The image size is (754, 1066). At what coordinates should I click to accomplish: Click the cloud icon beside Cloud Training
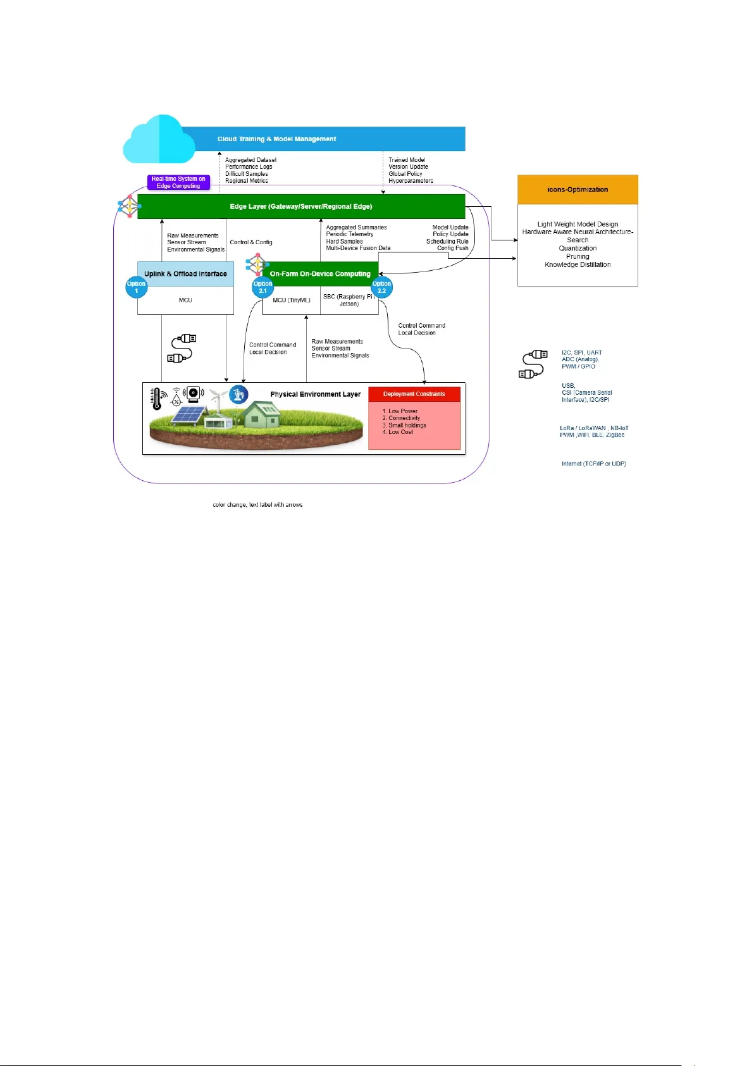pyautogui.click(x=159, y=140)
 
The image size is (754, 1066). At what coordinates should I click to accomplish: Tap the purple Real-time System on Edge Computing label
pyautogui.click(x=178, y=182)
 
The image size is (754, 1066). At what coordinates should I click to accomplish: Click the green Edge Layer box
pyautogui.click(x=301, y=207)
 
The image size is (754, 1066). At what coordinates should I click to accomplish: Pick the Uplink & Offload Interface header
pyautogui.click(x=185, y=274)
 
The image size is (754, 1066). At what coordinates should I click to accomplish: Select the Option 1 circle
pyautogui.click(x=136, y=287)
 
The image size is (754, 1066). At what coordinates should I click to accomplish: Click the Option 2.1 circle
pyautogui.click(x=263, y=287)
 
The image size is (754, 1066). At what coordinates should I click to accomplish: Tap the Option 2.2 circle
pyautogui.click(x=381, y=287)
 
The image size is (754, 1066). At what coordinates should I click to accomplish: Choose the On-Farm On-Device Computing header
pyautogui.click(x=320, y=274)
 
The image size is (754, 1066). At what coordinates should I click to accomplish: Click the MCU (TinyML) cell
pyautogui.click(x=292, y=301)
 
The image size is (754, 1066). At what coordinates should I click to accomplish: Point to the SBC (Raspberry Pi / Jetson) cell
pyautogui.click(x=349, y=301)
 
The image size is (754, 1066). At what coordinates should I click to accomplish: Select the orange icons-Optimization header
pyautogui.click(x=578, y=189)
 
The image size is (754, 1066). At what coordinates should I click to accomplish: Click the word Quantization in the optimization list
pyautogui.click(x=578, y=249)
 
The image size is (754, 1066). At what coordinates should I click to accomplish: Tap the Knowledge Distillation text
pyautogui.click(x=578, y=265)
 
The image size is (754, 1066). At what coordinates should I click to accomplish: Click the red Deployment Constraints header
pyautogui.click(x=414, y=394)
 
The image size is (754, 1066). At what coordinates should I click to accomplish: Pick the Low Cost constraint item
pyautogui.click(x=400, y=432)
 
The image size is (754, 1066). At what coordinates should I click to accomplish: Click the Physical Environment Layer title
pyautogui.click(x=315, y=394)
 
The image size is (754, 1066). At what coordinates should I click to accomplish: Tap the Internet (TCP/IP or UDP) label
pyautogui.click(x=593, y=464)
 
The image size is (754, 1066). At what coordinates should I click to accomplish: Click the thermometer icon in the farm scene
pyautogui.click(x=156, y=399)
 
